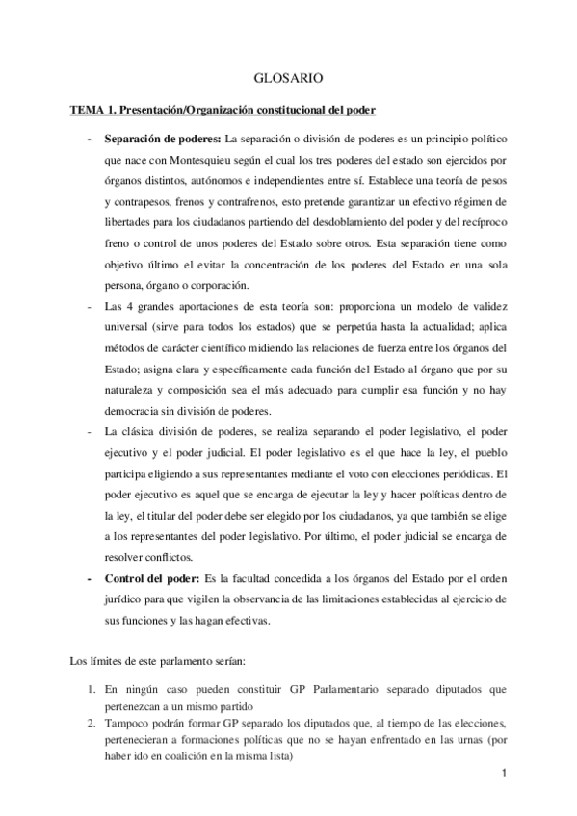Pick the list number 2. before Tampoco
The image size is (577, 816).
89,722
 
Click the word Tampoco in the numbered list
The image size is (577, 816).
128,722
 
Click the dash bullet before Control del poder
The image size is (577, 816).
90,578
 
